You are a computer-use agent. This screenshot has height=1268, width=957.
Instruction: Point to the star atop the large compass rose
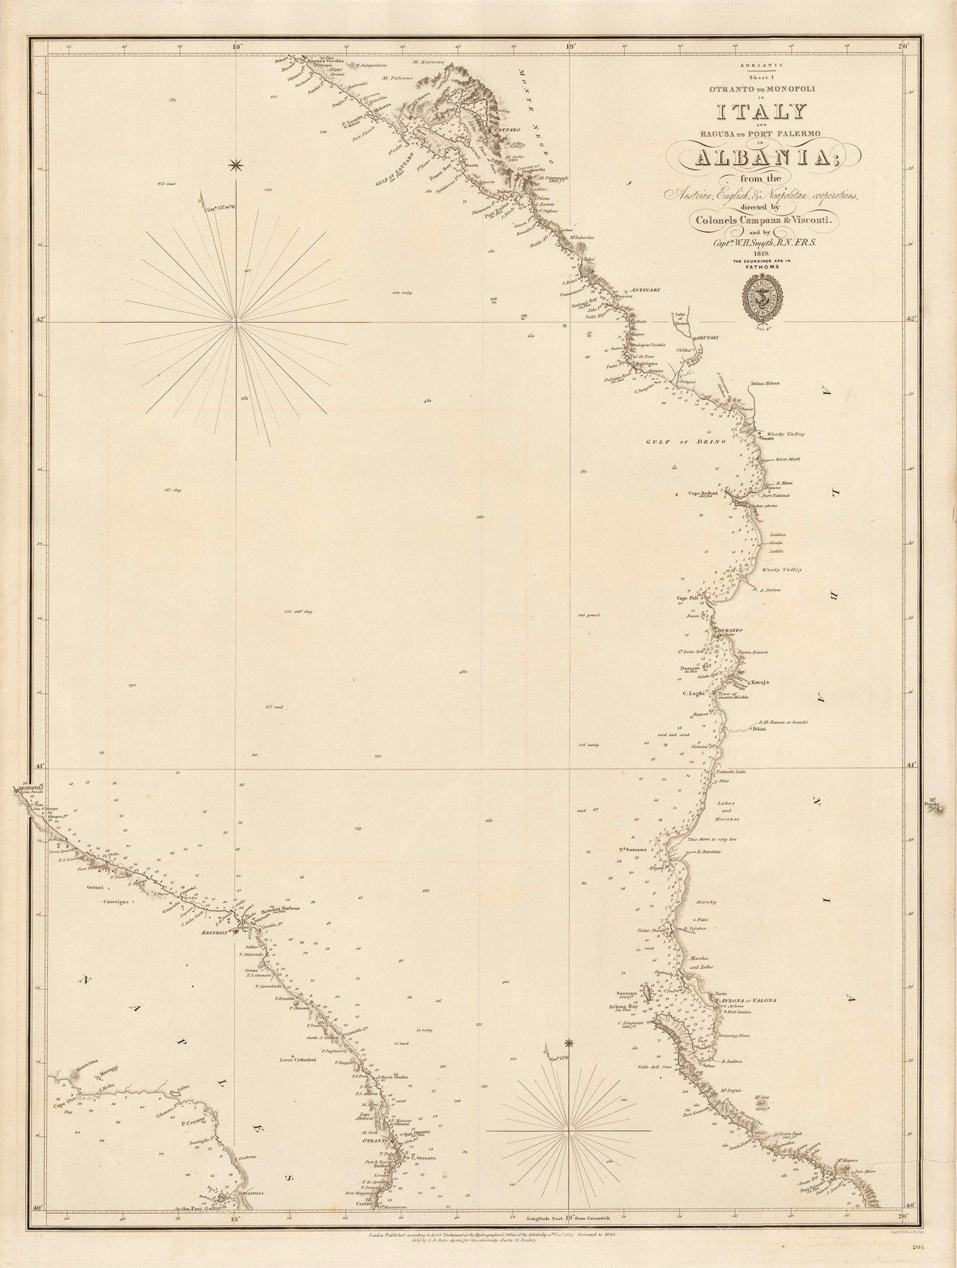[x=237, y=166]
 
